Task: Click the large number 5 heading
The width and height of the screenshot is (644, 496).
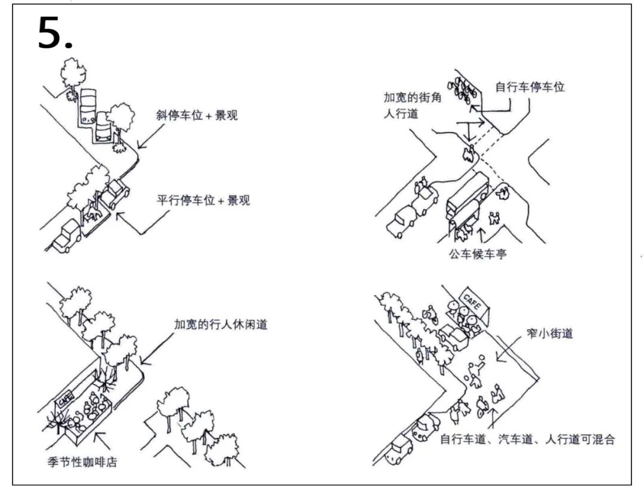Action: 55,33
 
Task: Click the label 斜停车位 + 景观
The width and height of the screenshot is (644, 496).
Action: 197,115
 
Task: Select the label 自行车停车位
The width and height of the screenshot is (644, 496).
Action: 530,87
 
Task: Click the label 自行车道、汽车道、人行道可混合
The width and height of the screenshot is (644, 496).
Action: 527,440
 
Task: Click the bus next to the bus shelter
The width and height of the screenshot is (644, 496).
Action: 468,194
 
